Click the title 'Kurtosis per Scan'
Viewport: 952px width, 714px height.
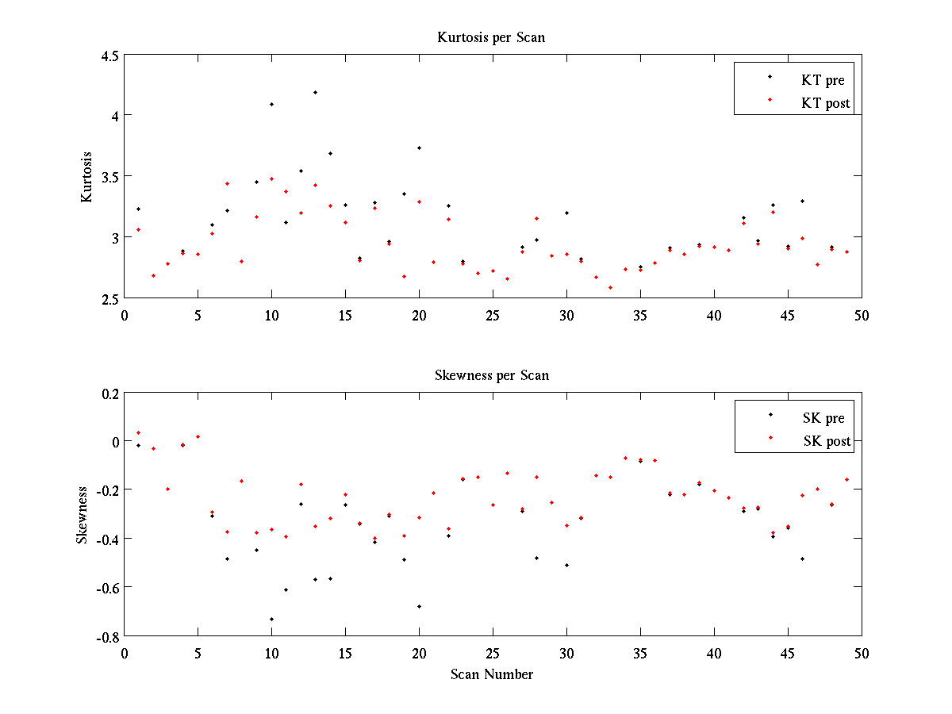coord(491,37)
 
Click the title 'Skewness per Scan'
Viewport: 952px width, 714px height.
coord(491,375)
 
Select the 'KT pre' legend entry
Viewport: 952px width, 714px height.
coord(822,79)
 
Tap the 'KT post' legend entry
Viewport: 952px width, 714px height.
coord(825,102)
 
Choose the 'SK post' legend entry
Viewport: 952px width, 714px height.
coord(826,441)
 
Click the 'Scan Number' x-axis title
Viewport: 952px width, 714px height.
coord(492,674)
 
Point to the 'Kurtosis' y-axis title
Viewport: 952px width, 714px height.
coord(87,177)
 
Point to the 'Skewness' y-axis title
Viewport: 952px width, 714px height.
coord(83,515)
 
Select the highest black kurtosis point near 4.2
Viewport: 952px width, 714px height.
coord(315,92)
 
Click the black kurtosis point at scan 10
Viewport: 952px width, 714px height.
coord(271,104)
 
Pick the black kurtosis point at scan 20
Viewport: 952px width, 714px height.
coord(419,148)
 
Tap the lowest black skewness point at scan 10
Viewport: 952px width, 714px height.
coord(271,619)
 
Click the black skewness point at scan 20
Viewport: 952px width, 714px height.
coord(419,606)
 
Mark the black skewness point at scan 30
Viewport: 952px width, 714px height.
coord(566,565)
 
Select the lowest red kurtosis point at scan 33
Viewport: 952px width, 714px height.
coord(610,287)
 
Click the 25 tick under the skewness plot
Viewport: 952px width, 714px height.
coord(493,652)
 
